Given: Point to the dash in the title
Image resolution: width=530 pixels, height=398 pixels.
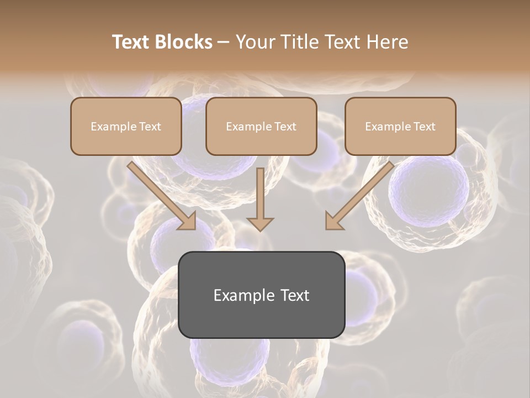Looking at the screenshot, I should [x=224, y=43].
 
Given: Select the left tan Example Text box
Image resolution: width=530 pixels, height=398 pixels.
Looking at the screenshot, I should [x=126, y=126].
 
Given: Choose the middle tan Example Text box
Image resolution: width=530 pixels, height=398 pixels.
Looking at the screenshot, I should [x=261, y=126].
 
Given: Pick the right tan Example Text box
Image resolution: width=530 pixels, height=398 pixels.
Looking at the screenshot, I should [x=400, y=126].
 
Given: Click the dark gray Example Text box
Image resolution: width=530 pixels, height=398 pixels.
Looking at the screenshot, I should [x=261, y=295].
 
